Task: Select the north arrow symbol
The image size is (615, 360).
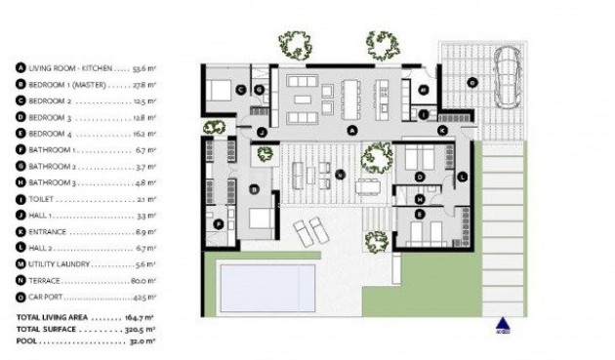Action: point(503,325)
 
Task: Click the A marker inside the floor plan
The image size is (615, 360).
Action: point(352,130)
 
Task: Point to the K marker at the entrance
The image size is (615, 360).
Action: point(442,129)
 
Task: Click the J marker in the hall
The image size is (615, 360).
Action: point(262,131)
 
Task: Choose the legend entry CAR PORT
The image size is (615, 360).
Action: point(48,297)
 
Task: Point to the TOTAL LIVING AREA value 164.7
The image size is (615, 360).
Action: point(135,318)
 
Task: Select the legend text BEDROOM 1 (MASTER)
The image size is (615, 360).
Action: point(68,85)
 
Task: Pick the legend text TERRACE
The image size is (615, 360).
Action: point(45,281)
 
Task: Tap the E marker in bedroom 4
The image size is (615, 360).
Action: point(420,213)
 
